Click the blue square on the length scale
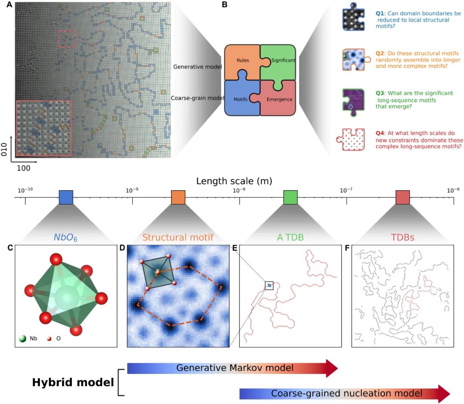66,197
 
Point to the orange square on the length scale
178,197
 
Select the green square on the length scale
290,197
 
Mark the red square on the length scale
403,197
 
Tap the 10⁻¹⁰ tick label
24,190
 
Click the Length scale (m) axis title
234,181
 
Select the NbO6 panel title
66,237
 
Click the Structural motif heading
178,237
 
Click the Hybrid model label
73,382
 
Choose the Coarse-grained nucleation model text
346,393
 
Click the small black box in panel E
269,285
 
